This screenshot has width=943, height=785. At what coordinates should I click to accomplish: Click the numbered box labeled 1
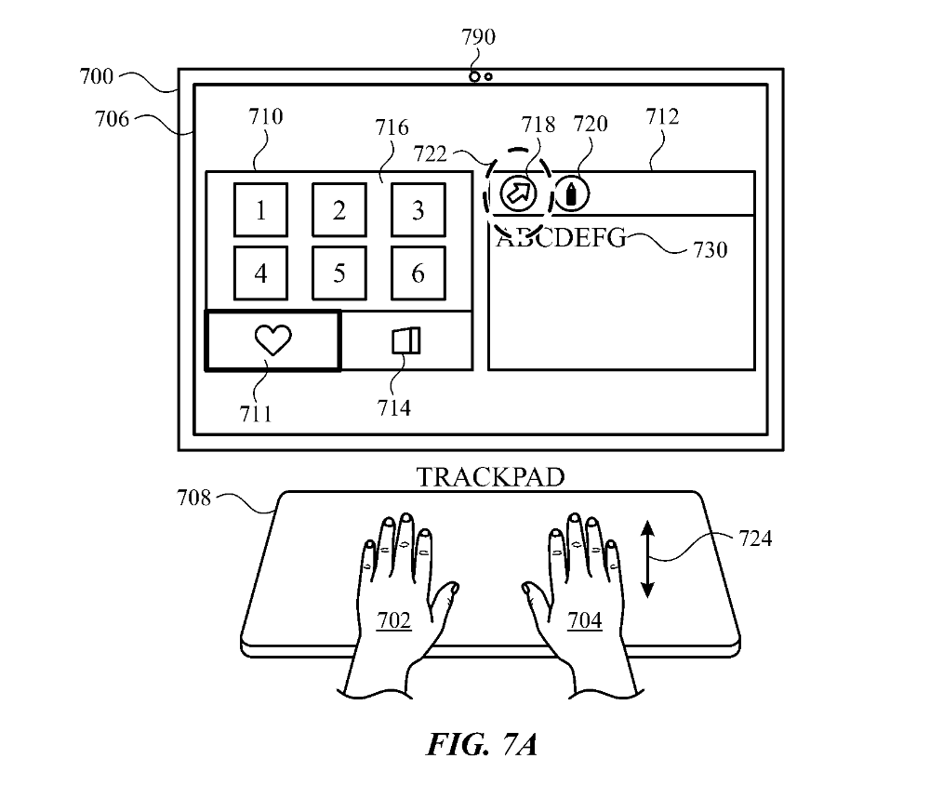[260, 210]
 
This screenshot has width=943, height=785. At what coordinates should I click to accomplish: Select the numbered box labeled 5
[339, 273]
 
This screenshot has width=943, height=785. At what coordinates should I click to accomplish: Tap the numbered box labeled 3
[418, 210]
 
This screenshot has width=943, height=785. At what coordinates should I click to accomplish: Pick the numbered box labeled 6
[418, 273]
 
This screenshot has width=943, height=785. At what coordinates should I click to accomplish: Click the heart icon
[272, 341]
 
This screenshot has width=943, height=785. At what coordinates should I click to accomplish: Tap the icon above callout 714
[406, 341]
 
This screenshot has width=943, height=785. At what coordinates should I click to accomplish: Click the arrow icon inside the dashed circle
[518, 193]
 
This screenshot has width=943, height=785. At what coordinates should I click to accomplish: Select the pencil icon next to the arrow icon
[571, 194]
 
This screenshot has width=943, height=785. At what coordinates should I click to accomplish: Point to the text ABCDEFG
[561, 238]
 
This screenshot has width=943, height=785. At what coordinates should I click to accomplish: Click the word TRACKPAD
[490, 478]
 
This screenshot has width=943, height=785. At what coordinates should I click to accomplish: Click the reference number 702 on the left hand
[394, 619]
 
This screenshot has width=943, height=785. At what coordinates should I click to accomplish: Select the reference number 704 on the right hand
[584, 619]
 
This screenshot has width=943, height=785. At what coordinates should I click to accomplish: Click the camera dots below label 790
[481, 76]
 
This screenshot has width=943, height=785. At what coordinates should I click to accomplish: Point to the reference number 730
[710, 249]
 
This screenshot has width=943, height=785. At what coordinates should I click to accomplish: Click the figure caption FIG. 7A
[483, 745]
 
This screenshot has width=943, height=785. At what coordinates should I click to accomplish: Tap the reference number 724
[754, 538]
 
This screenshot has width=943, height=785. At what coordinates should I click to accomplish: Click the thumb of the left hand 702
[445, 596]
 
